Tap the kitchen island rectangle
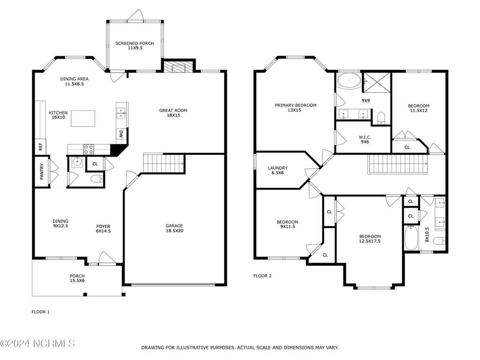pos(83,119)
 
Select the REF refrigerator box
pos(40,147)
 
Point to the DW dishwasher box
pos(121,135)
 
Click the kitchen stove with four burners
pos(89,150)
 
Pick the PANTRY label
pos(42,172)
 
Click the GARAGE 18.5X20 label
pos(174,228)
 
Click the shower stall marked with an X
pos(376,82)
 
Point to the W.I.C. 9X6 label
pos(365,140)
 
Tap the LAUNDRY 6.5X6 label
pos(277,170)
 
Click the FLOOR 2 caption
pos(262,276)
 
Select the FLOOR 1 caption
pos(40,312)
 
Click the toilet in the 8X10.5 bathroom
pos(439,240)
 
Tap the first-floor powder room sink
pos(77,162)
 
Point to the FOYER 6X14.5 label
pos(103,229)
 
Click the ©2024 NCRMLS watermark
pos(37,344)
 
